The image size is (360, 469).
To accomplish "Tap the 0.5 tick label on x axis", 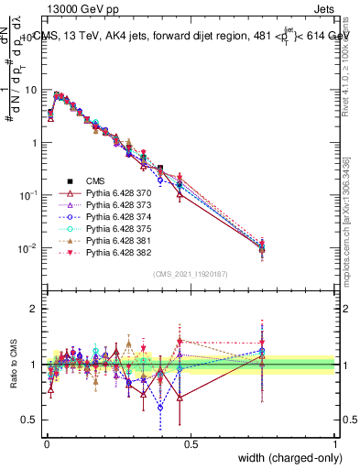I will [191, 444].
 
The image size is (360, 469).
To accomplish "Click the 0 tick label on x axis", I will [46, 444].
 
